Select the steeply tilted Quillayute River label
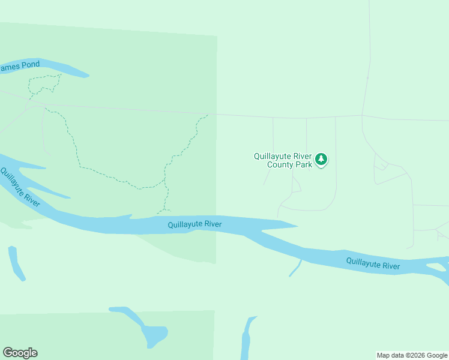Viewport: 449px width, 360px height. [x=19, y=187]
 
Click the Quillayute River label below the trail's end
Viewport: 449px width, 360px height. [x=194, y=224]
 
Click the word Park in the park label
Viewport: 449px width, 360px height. [x=304, y=164]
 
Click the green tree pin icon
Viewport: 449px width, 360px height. [x=322, y=160]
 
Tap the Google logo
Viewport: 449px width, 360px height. [x=20, y=353]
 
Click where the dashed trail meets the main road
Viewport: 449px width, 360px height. [x=208, y=114]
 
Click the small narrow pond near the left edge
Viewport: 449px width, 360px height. [x=16, y=263]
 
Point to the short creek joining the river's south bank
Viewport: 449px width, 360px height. [x=295, y=269]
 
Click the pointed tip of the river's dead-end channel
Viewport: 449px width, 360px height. [x=297, y=226]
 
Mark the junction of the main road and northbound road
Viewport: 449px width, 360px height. [x=362, y=115]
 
